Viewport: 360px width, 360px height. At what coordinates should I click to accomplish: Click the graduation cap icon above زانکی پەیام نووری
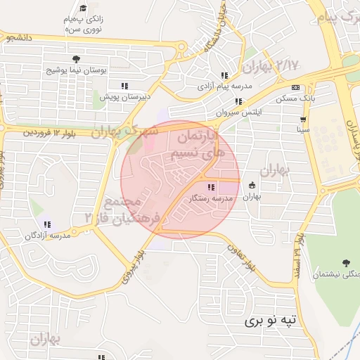click(84, 8)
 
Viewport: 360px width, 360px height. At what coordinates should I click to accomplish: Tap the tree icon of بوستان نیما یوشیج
click(75, 58)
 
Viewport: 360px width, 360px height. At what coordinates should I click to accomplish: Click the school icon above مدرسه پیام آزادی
click(224, 75)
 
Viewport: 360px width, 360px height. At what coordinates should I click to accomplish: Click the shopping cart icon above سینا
click(303, 119)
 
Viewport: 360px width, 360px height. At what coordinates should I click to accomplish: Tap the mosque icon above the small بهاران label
click(252, 186)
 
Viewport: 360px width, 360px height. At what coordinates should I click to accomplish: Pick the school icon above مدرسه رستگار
click(212, 187)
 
